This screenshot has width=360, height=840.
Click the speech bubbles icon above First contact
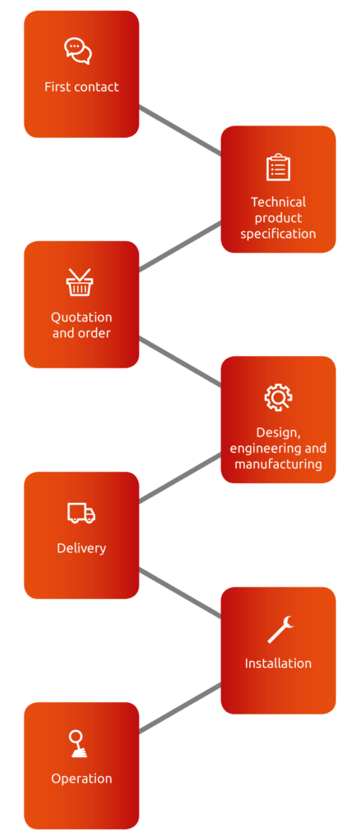click(x=78, y=52)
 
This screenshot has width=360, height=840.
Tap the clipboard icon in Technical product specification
click(x=278, y=167)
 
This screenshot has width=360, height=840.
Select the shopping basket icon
click(x=80, y=282)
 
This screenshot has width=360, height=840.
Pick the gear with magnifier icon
click(x=278, y=397)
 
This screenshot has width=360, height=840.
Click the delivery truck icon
click(x=81, y=513)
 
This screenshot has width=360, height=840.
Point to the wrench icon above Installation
click(x=280, y=629)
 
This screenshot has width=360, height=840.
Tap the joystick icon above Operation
click(x=78, y=744)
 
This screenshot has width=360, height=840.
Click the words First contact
click(x=81, y=87)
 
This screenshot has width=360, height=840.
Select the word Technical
click(x=278, y=202)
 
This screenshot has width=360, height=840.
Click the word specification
click(x=278, y=234)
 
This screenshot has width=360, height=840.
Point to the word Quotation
click(x=81, y=317)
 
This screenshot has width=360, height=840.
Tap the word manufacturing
click(x=278, y=464)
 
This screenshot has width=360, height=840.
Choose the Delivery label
click(x=81, y=548)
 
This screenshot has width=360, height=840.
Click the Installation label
click(x=278, y=663)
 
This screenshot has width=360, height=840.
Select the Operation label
click(x=81, y=778)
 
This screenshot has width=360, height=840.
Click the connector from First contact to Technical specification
click(x=180, y=130)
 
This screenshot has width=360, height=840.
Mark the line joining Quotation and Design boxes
click(x=180, y=362)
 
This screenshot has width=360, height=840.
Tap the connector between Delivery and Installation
click(x=180, y=592)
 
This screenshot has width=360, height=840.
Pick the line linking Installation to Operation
click(x=180, y=708)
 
